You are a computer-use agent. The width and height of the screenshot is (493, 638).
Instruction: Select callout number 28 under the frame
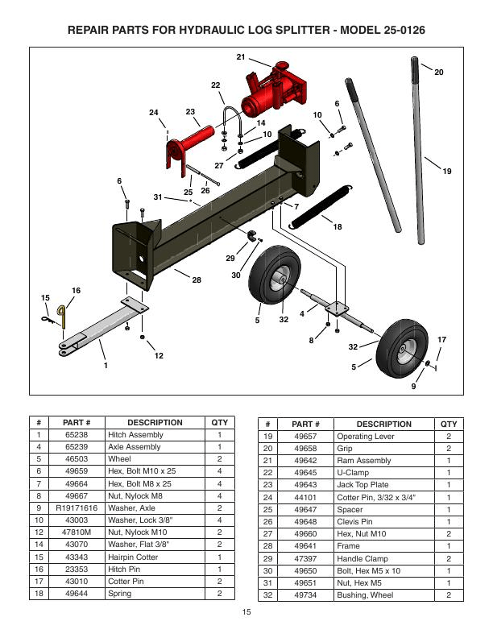coord(196,279)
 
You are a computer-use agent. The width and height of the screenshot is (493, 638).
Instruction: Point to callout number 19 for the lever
coord(447,171)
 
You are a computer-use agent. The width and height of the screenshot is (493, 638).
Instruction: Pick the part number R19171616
coord(77,509)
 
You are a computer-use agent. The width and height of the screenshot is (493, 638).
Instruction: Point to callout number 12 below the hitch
coord(159,355)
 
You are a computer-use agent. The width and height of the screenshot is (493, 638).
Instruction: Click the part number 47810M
coord(77,533)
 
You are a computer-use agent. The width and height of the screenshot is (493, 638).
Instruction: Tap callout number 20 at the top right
coord(438,72)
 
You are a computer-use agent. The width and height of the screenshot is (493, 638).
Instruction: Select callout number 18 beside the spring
coord(337,227)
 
